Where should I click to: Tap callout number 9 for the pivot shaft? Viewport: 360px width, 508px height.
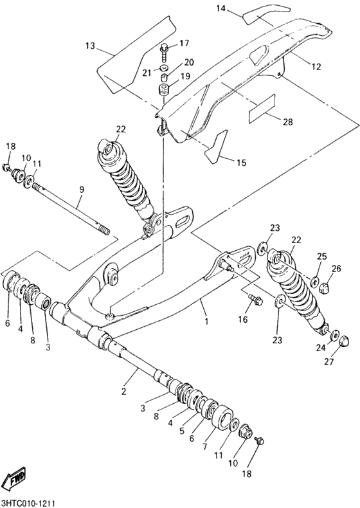coord(82,189)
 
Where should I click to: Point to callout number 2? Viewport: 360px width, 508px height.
coord(124,391)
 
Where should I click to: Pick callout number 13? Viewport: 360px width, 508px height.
coord(89,46)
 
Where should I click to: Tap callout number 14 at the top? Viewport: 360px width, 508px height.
coord(221,8)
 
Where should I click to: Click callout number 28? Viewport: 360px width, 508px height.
coord(287,122)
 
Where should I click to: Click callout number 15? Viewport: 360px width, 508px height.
coord(241,163)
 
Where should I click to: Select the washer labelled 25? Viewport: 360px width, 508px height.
coord(315,281)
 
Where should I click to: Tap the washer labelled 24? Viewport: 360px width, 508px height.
coord(336,335)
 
